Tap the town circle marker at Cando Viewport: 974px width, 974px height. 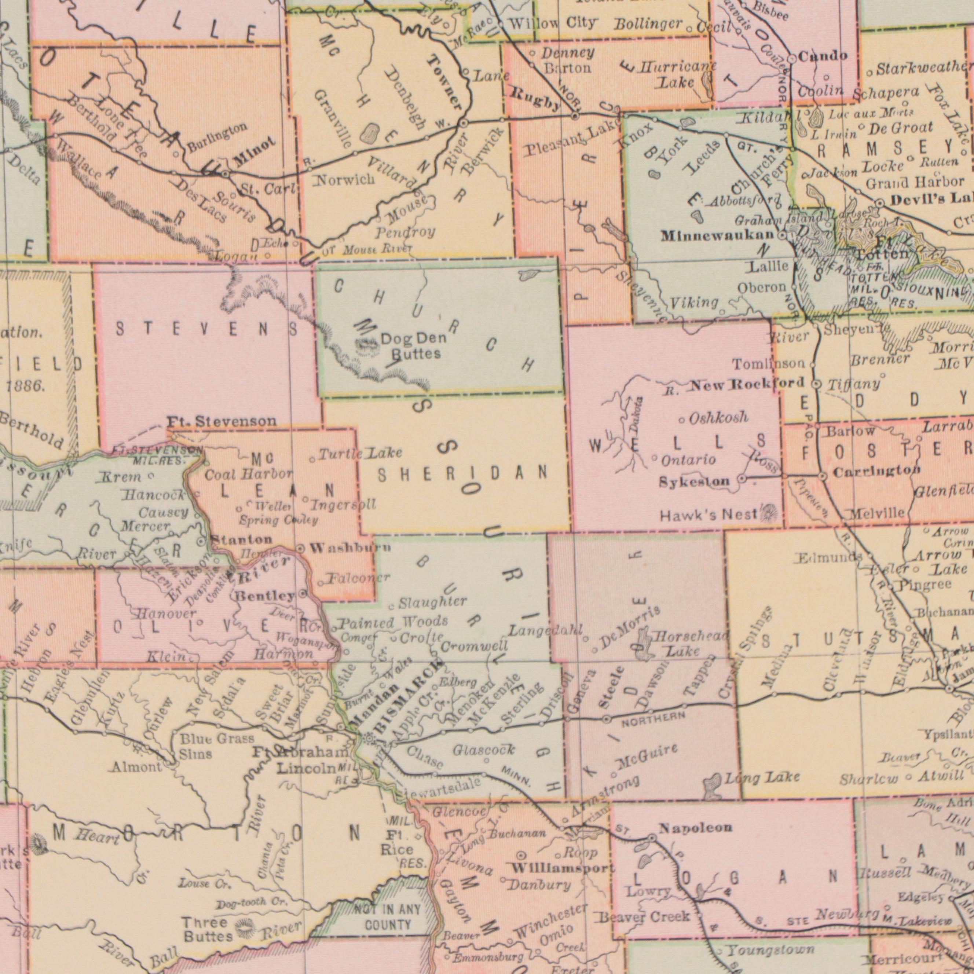[791, 59]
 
